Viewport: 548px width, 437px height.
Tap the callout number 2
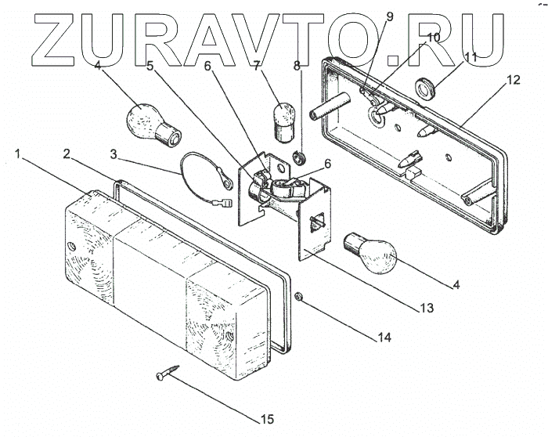(x=67, y=152)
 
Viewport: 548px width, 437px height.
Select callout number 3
(x=115, y=154)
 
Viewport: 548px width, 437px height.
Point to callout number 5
(x=150, y=67)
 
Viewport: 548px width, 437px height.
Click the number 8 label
(x=297, y=67)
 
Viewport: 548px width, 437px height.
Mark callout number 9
(x=389, y=16)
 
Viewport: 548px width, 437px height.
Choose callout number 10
(x=434, y=37)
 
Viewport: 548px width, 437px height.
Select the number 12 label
(x=513, y=79)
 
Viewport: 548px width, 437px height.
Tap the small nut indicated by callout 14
(x=301, y=297)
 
